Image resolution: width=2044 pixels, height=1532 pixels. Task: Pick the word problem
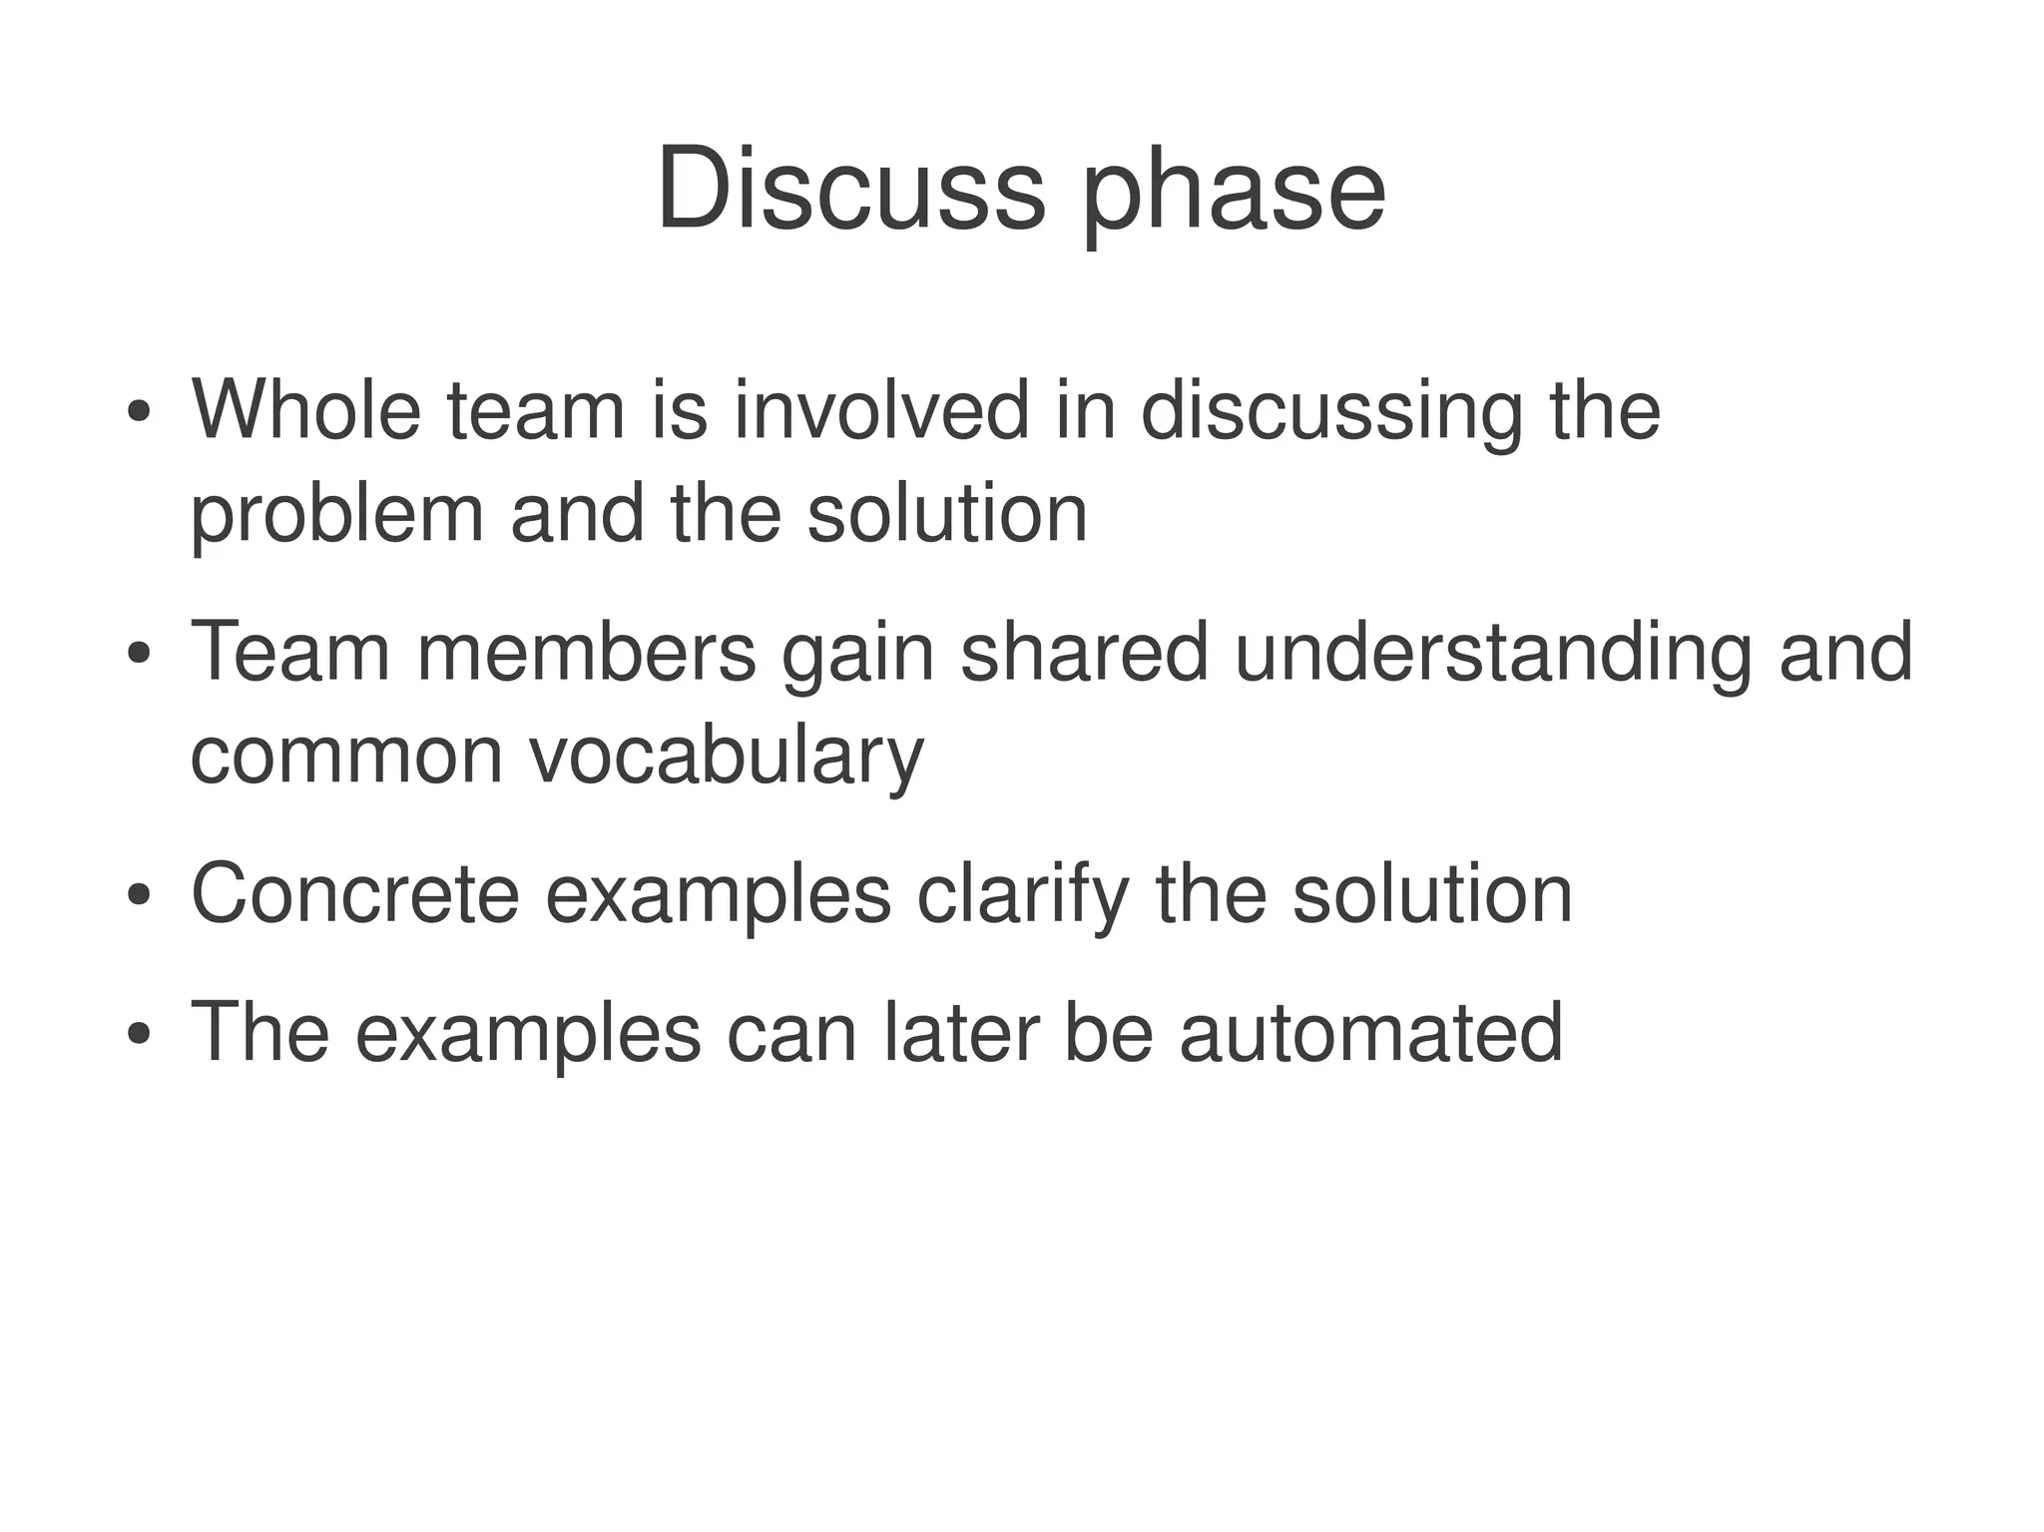coord(337,517)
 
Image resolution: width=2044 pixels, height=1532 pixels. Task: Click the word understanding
coord(1493,655)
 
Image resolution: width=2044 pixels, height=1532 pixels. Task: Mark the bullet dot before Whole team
coord(139,412)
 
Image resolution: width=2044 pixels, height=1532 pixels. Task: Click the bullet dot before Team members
coord(139,655)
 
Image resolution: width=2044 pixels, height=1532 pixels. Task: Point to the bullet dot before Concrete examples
coord(139,895)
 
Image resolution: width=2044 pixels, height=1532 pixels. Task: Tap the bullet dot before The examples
coord(139,1034)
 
